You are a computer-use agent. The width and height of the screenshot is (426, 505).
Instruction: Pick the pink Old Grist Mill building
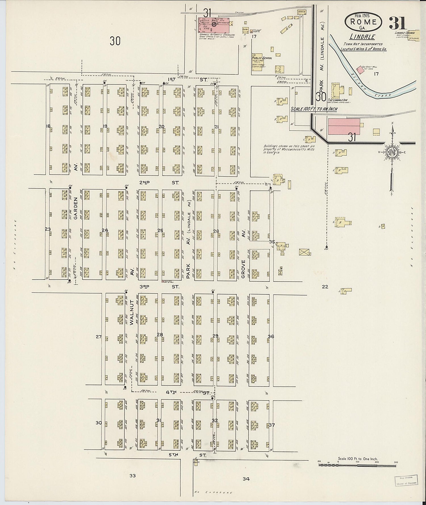[360, 69]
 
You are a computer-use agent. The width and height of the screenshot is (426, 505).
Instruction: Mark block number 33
[133, 475]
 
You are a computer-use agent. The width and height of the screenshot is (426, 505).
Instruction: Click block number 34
[246, 479]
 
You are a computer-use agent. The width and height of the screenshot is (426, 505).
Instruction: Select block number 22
[325, 287]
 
